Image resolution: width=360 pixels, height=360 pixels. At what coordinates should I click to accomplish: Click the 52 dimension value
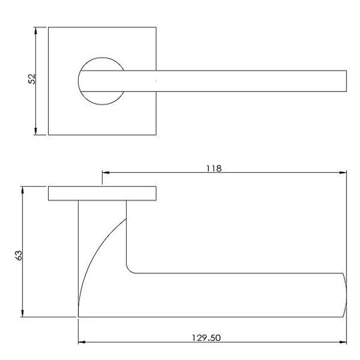click(x=32, y=79)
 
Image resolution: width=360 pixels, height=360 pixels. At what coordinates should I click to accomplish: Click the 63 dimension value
click(x=19, y=255)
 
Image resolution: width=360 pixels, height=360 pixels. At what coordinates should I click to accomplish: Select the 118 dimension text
click(x=214, y=169)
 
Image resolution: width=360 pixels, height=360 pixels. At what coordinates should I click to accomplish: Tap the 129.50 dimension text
click(x=206, y=338)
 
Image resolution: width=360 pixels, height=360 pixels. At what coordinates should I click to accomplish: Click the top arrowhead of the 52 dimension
click(x=35, y=31)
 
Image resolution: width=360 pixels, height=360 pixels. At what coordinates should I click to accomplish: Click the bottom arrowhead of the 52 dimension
click(x=35, y=131)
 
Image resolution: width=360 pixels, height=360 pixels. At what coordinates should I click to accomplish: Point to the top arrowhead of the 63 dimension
click(x=22, y=190)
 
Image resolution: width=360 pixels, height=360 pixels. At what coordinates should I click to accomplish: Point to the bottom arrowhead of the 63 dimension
click(x=22, y=313)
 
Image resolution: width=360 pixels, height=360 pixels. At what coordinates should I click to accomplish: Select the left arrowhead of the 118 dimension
click(x=105, y=173)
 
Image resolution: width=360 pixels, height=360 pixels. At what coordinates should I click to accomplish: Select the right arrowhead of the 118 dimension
click(x=343, y=173)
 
